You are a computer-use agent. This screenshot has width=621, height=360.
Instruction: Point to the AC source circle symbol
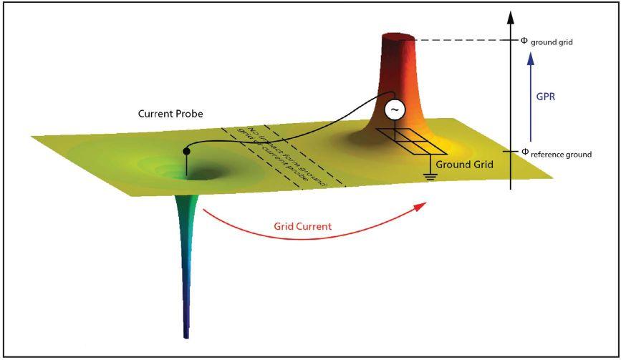395,110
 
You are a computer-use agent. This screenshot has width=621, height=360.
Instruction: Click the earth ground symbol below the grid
430,175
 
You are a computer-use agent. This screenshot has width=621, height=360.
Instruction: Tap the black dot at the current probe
187,151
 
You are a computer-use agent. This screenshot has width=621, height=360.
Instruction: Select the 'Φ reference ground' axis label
556,152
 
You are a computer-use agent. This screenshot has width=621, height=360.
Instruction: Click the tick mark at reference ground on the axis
511,152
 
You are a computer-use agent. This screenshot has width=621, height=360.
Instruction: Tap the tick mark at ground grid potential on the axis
511,40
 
